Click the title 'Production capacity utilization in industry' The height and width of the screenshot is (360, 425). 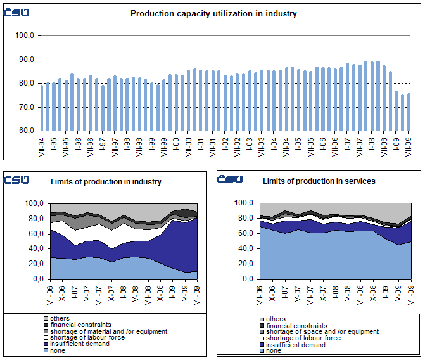point(213,13)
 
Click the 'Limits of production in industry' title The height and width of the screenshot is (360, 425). point(106,182)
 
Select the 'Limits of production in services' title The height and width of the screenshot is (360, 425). point(319,181)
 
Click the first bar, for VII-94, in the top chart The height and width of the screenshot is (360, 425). point(42,107)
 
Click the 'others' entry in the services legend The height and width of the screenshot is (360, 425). point(276,319)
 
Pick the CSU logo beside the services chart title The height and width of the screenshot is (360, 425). point(230,179)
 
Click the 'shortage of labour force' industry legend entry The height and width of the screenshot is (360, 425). point(87,338)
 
